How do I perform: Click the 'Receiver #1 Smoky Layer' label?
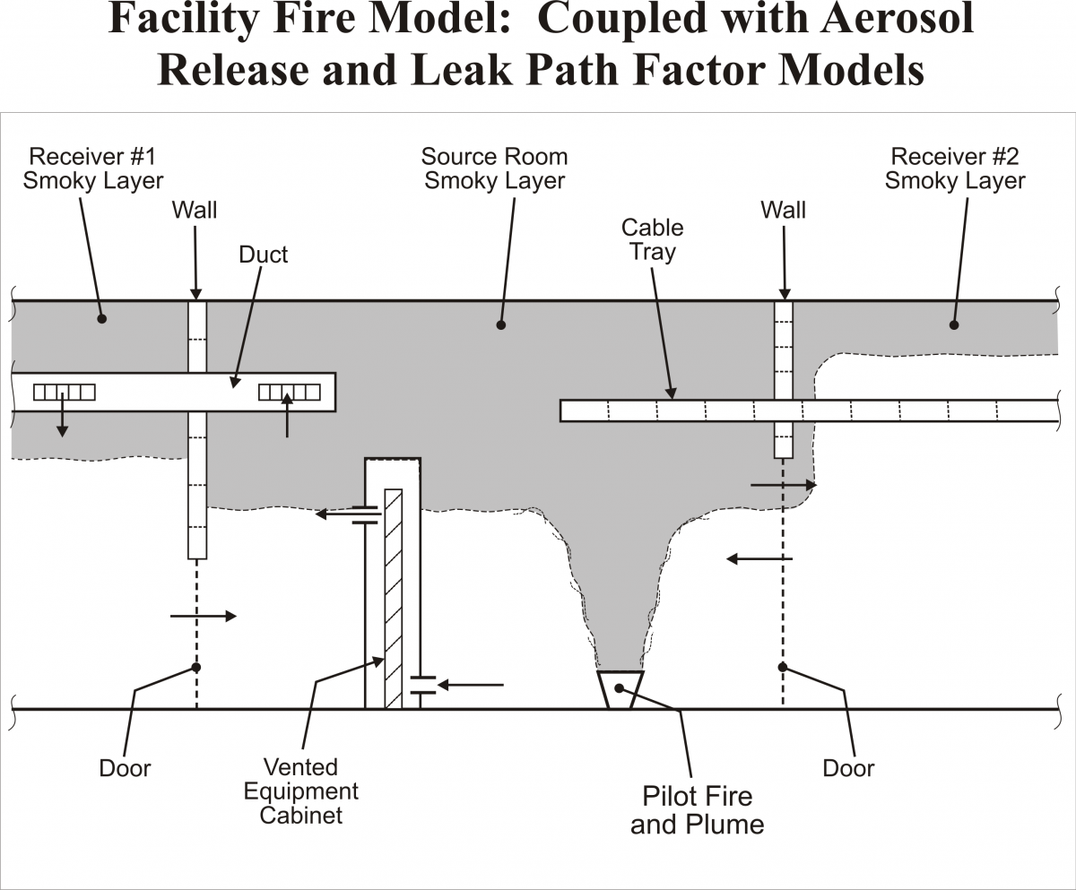click(x=93, y=168)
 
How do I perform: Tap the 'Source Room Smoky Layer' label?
click(x=494, y=168)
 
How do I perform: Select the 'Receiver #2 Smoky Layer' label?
click(x=955, y=168)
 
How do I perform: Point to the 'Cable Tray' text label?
click(x=652, y=239)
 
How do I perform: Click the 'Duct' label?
click(x=263, y=255)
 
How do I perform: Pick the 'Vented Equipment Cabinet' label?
click(x=300, y=791)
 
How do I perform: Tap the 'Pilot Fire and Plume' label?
click(x=697, y=809)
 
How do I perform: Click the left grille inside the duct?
click(x=64, y=392)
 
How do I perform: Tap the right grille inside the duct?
click(x=289, y=392)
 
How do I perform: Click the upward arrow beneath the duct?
click(x=287, y=419)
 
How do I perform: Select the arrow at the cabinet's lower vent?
click(x=471, y=685)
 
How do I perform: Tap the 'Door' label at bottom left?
click(x=125, y=768)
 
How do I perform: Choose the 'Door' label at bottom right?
click(x=848, y=768)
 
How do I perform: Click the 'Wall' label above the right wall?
click(x=783, y=210)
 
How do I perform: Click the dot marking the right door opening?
click(x=783, y=667)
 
